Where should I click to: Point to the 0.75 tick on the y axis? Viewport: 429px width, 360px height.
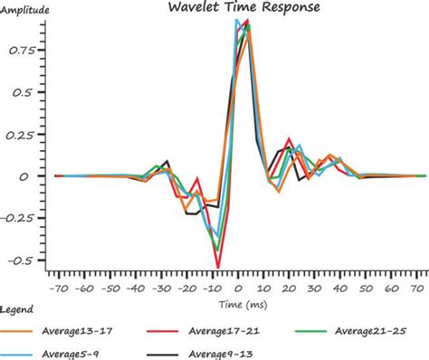(x=24, y=52)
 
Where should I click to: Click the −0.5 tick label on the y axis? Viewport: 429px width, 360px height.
(x=24, y=260)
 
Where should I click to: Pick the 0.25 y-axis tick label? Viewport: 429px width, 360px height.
(x=24, y=135)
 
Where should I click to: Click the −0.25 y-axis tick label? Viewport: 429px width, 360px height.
(x=21, y=218)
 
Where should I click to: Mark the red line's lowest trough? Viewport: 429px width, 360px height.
(x=217, y=267)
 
